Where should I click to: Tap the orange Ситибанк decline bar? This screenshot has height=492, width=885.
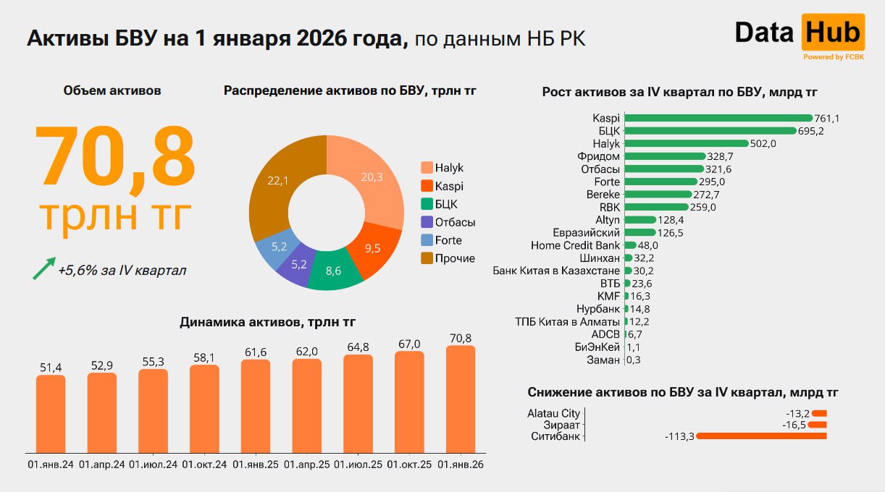[x=760, y=436]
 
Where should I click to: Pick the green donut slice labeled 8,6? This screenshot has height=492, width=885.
[x=334, y=271]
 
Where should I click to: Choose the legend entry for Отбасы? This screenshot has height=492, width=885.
[x=448, y=222]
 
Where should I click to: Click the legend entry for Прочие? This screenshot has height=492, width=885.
[x=448, y=258]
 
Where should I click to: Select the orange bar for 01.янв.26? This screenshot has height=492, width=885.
[x=461, y=399]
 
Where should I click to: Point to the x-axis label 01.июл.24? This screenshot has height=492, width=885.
[x=154, y=465]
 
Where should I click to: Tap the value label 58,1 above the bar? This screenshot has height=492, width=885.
[x=204, y=357]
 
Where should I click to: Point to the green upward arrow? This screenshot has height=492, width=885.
[x=44, y=267]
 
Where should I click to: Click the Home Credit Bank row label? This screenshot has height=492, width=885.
[x=575, y=245]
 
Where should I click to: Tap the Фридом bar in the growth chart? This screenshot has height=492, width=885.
[x=665, y=156]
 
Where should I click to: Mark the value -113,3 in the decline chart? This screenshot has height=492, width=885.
[x=679, y=436]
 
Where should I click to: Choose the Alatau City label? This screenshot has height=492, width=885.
[x=553, y=413]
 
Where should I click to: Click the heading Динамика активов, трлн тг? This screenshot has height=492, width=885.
[x=267, y=322]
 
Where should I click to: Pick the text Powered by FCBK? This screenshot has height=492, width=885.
[x=834, y=56]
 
